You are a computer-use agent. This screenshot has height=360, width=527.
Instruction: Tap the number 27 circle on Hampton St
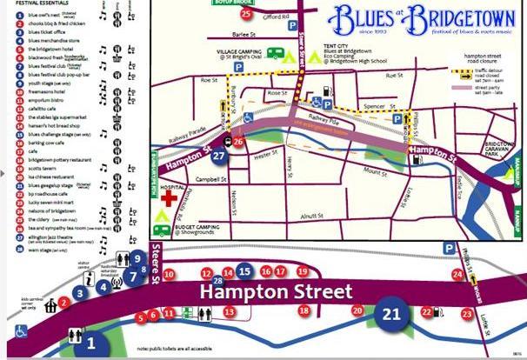(220, 156)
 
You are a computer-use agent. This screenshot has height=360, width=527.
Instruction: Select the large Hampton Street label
(277, 293)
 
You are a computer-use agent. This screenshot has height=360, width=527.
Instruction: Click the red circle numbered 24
(457, 275)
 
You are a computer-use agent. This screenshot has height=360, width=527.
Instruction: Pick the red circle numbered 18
(304, 310)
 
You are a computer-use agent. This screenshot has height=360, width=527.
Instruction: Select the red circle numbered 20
(357, 310)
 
